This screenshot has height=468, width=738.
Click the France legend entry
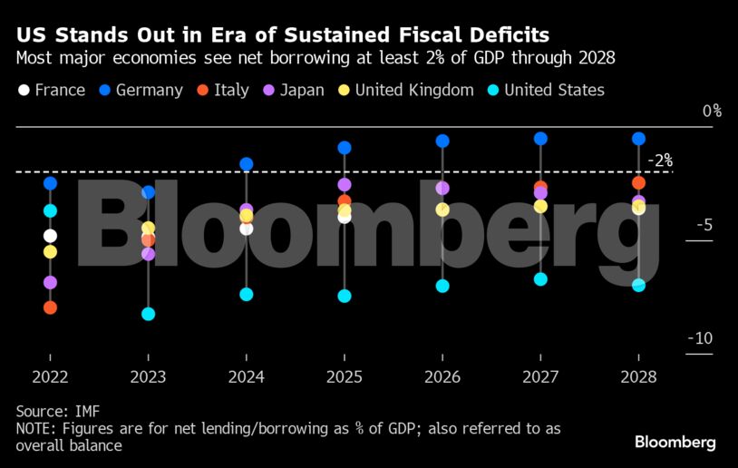[51, 90]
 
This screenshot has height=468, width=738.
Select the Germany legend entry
[141, 90]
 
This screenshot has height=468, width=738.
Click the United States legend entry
[545, 90]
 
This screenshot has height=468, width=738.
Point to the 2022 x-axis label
[50, 377]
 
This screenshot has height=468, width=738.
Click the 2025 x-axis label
[345, 377]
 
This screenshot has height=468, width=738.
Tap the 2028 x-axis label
[638, 377]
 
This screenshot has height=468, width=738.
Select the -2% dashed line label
[660, 161]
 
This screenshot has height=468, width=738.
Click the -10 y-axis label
[700, 338]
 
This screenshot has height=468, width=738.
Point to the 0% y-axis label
[712, 111]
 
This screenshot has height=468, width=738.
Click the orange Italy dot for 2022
[50, 307]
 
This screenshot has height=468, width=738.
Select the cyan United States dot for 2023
[148, 314]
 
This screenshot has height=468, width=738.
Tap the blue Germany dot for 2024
[246, 164]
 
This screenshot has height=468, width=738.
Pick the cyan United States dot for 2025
[345, 296]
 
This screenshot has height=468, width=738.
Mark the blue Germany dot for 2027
[540, 139]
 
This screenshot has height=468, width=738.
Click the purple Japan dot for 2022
[50, 283]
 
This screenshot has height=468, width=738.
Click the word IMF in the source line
[86, 412]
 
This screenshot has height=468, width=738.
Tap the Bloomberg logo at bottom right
[675, 443]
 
